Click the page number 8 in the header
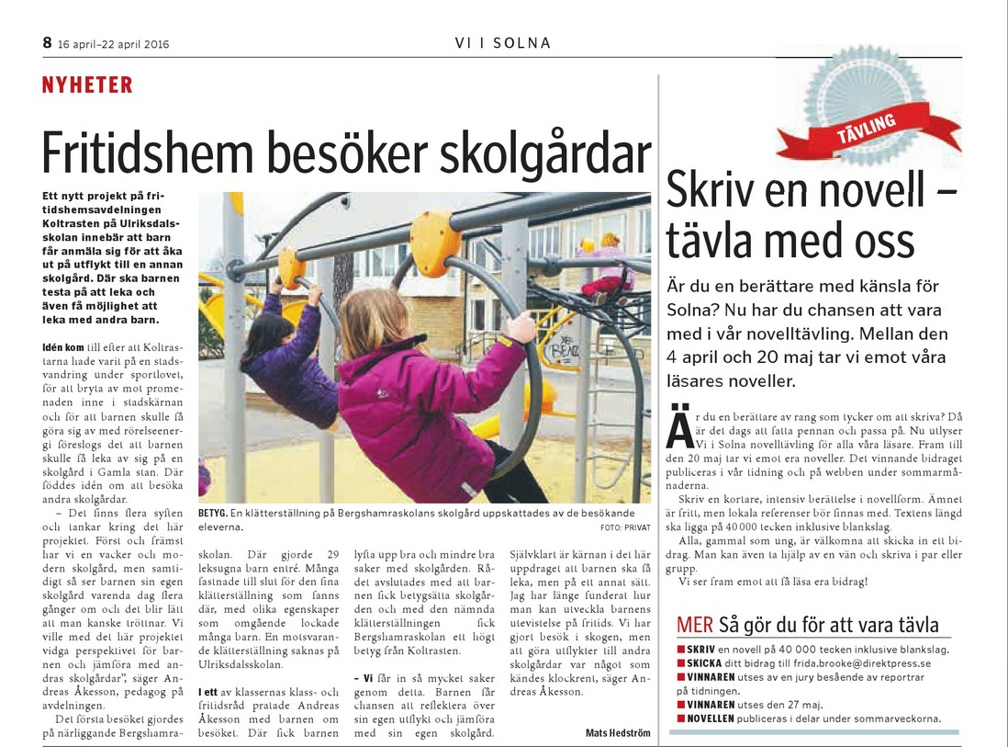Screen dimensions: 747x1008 47,42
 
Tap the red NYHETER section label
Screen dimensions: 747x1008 87,85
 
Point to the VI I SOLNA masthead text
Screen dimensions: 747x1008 503,43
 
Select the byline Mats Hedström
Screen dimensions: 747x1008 618,732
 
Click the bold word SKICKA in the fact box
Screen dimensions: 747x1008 705,662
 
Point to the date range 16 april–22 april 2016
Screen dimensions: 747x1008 113,43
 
